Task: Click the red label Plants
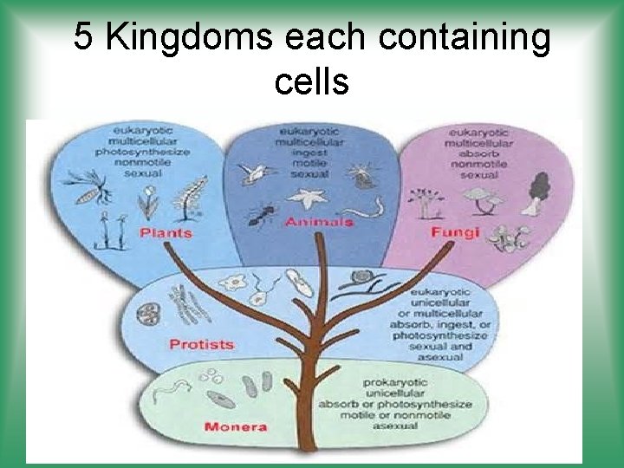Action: click(166, 233)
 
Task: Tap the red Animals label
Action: click(319, 222)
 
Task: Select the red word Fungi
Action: click(448, 233)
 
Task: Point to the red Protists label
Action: click(201, 344)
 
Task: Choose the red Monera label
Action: click(235, 426)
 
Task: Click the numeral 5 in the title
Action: click(83, 37)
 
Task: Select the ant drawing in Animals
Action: click(259, 214)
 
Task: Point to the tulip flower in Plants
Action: click(147, 205)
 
